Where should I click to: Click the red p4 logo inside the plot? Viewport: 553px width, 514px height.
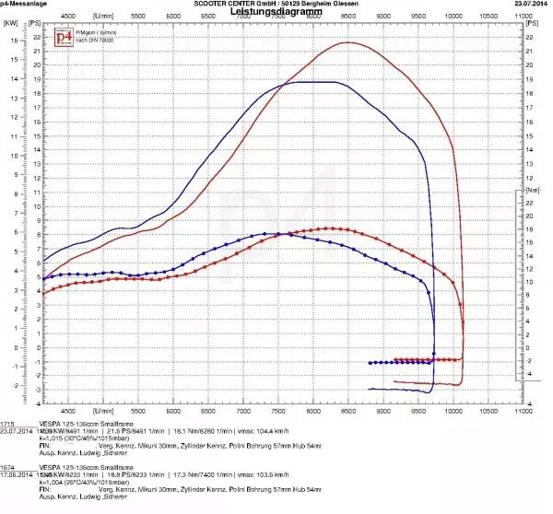click(64, 37)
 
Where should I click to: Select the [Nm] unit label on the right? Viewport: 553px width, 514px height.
click(532, 188)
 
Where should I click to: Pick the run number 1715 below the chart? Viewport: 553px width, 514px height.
click(7, 419)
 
